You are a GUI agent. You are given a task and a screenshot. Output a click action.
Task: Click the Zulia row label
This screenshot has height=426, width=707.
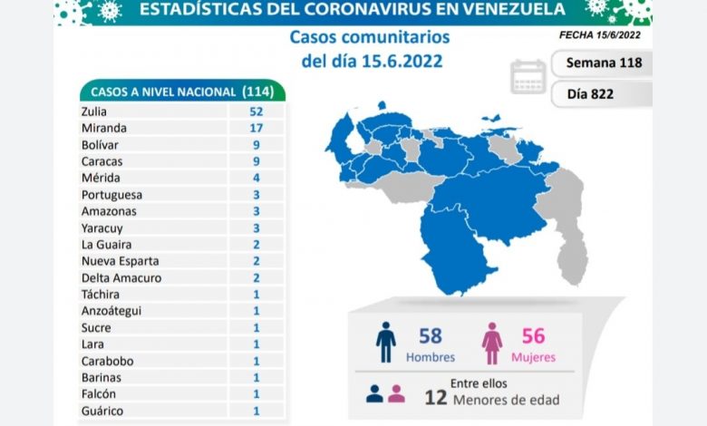point(93,112)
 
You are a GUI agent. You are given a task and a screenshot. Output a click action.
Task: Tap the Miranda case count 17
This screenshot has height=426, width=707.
point(256,129)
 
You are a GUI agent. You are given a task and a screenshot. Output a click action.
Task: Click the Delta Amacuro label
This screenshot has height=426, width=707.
point(121,277)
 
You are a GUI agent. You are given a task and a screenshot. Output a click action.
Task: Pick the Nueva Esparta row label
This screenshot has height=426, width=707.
point(121,261)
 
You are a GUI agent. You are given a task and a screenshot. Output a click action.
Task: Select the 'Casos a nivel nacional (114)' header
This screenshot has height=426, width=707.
point(181,92)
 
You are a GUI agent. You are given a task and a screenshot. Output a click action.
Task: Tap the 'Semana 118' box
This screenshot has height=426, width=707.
point(603,63)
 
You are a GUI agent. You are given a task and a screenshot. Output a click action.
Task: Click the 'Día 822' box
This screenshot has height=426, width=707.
point(603,92)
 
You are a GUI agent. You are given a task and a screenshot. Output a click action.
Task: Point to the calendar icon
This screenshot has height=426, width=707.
point(528,76)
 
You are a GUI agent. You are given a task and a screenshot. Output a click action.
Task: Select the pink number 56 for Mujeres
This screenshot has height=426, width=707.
point(533,336)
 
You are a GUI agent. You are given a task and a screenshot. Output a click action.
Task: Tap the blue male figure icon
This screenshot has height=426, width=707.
point(387,343)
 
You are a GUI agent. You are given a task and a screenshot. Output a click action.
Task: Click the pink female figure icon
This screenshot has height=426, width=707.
point(492,343)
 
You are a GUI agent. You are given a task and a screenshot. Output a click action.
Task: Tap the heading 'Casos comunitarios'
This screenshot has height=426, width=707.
point(369,37)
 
